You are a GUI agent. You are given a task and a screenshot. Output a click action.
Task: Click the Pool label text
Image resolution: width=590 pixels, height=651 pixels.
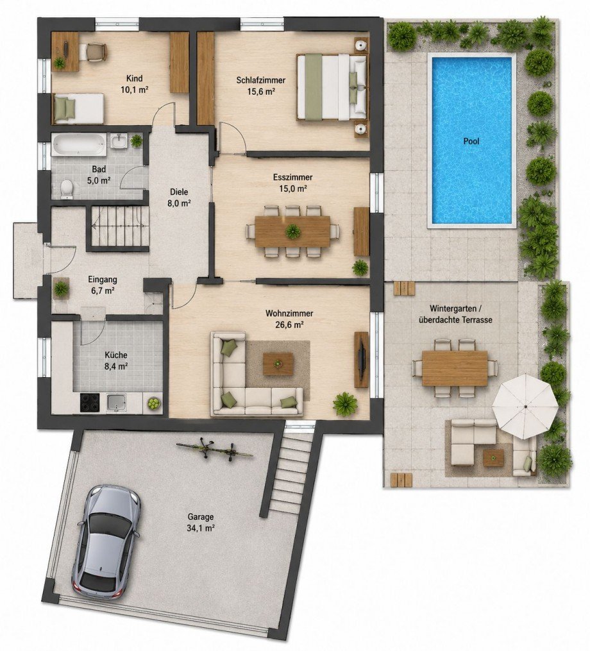(471, 141)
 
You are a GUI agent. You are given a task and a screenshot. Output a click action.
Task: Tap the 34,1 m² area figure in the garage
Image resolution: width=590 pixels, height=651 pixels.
(201, 528)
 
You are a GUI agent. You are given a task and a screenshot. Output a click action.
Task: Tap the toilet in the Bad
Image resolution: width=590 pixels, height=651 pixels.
(67, 189)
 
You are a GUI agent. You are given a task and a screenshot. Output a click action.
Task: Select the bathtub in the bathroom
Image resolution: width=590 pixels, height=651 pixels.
(78, 145)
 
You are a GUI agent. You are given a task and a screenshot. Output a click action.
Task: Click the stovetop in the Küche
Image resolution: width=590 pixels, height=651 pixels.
(90, 402)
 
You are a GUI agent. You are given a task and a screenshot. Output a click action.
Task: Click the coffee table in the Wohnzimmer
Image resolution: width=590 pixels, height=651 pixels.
(278, 364)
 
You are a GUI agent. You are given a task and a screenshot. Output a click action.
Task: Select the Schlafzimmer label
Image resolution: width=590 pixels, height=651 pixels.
(261, 80)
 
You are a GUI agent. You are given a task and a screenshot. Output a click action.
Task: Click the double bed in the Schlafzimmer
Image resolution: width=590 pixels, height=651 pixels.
(332, 87)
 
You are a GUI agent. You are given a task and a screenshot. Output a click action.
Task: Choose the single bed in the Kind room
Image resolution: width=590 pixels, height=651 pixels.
(78, 108)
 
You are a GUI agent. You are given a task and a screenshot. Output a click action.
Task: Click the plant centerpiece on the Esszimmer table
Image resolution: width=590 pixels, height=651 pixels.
(292, 232)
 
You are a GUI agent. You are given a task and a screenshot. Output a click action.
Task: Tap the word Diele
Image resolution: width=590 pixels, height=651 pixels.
(179, 192)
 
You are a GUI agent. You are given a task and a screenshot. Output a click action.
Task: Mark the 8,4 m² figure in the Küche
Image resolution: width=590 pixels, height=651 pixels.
(116, 366)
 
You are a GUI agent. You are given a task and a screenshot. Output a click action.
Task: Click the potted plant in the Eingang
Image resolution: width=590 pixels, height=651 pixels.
(62, 288)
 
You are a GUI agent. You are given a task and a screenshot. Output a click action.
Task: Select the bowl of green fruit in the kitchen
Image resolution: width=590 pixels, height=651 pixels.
(153, 403)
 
